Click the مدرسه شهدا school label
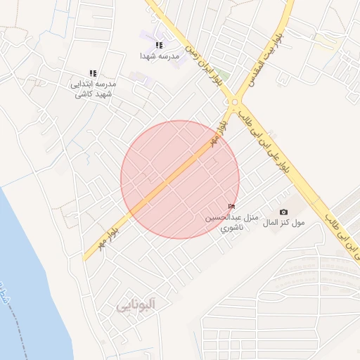(160, 55)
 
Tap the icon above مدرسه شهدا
(160, 45)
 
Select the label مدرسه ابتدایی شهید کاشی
(93, 88)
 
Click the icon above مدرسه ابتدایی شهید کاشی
(93, 73)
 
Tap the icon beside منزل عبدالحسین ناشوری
(232, 205)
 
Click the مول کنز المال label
(284, 222)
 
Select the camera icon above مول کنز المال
(283, 212)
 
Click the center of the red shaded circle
(180, 179)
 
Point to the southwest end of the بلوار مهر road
(86, 258)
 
